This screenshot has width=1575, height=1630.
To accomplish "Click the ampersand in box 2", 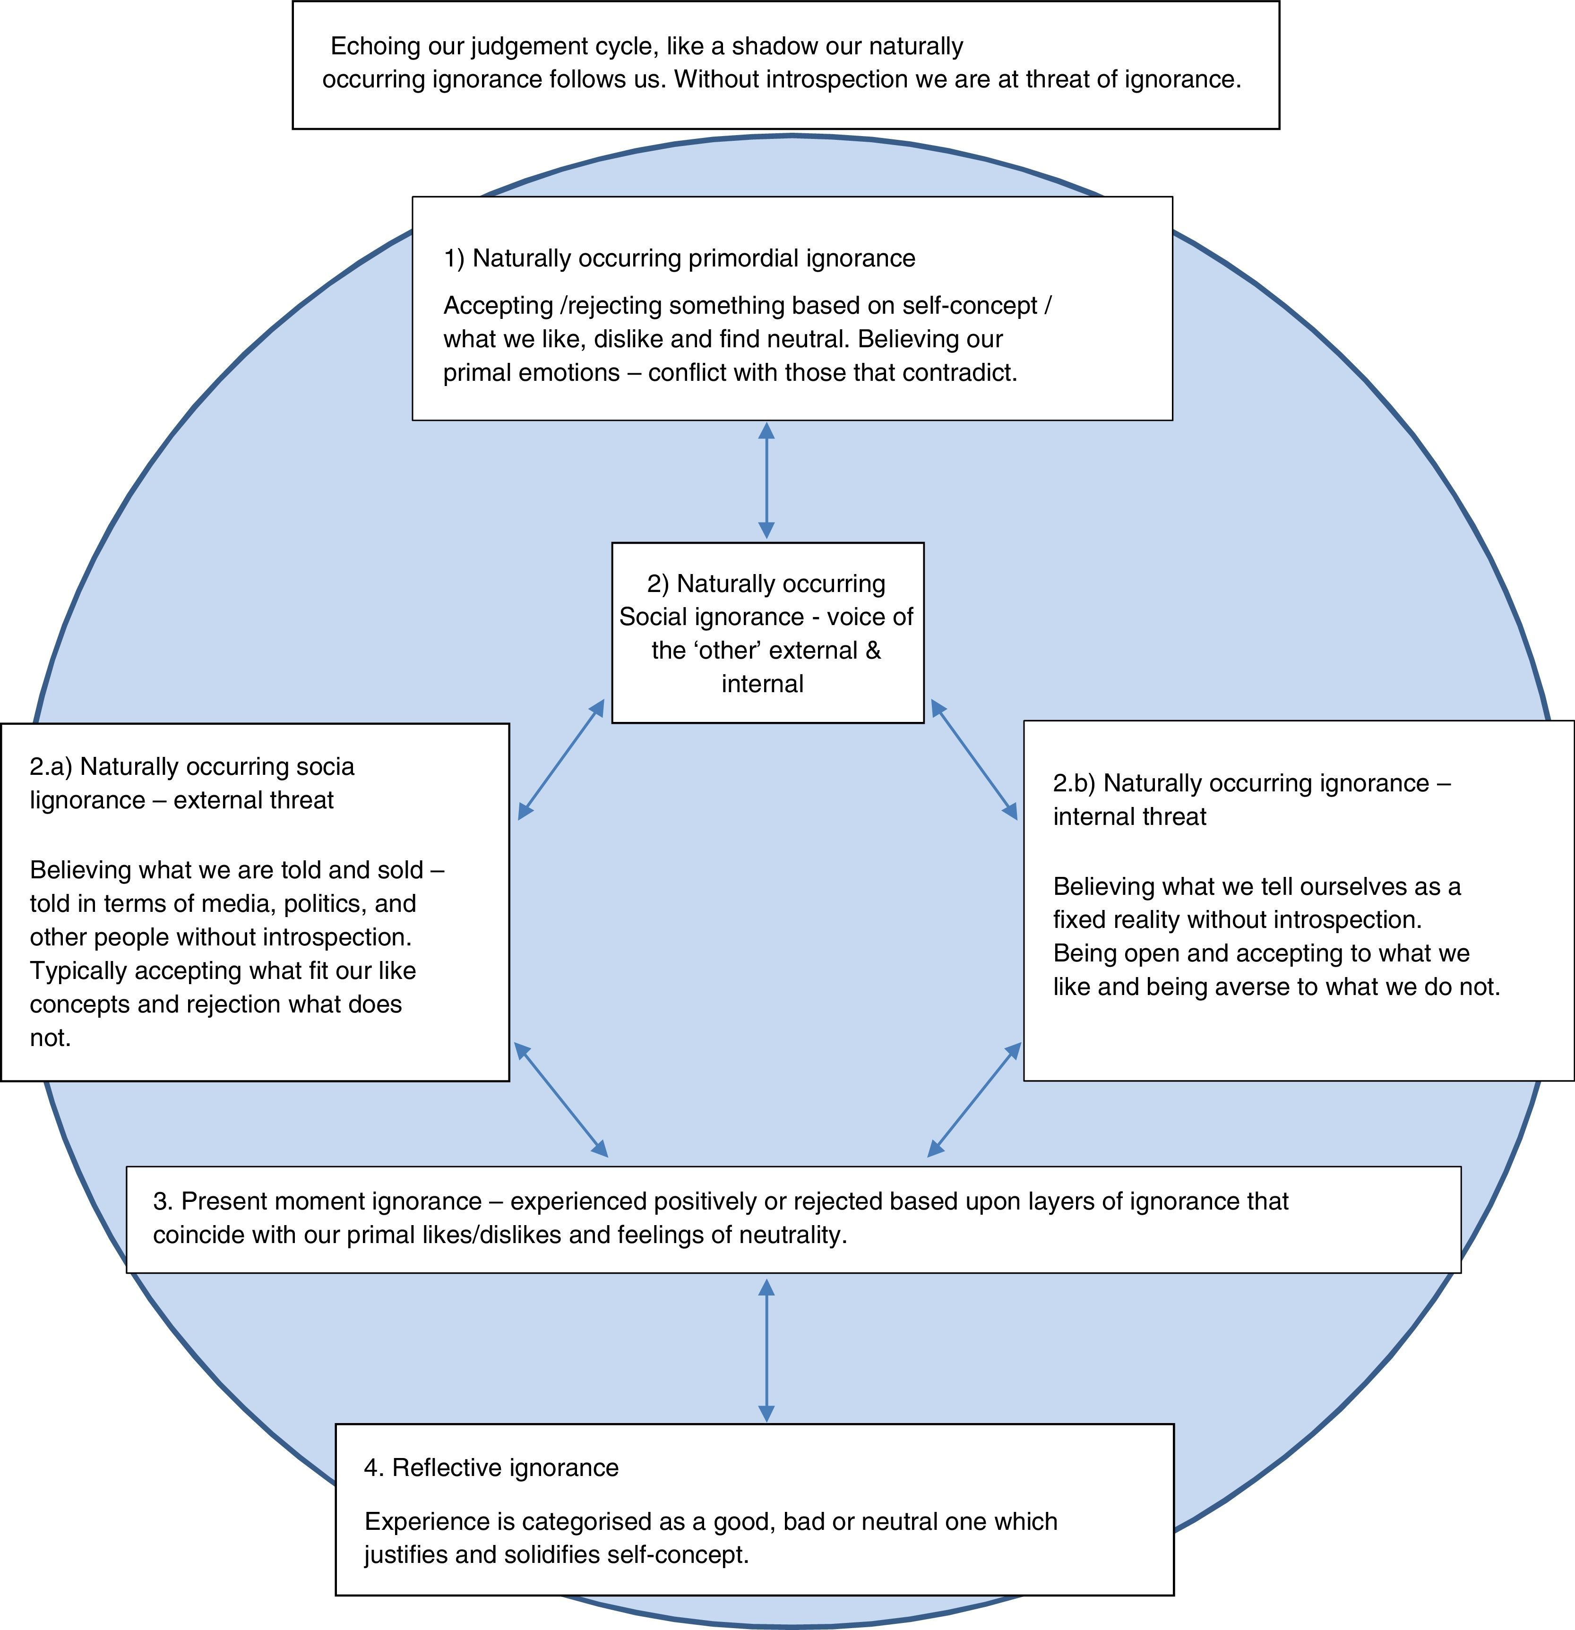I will [872, 650].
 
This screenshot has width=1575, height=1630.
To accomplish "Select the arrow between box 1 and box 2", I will [766, 480].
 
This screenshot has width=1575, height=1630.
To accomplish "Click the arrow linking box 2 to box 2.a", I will [561, 759].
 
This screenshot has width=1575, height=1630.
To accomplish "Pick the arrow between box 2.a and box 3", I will [561, 1099].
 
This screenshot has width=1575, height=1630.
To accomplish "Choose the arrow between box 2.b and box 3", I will [974, 1099].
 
